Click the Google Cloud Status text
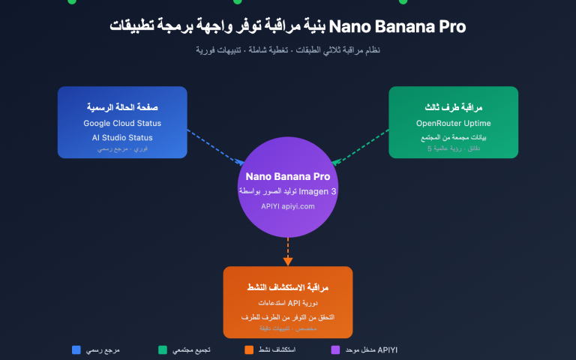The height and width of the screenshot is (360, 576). (x=122, y=123)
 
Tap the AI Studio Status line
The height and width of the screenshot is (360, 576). (x=122, y=137)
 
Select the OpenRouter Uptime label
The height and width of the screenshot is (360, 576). (x=452, y=123)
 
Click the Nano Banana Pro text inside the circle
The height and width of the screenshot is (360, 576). (x=287, y=177)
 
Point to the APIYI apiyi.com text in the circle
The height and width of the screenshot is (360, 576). (x=287, y=205)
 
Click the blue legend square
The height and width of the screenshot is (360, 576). (x=76, y=349)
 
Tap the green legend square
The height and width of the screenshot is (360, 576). (x=163, y=349)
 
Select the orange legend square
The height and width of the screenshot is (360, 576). (x=249, y=349)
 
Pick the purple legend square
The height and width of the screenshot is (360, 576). (x=335, y=349)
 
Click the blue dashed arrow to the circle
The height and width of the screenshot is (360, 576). (x=216, y=146)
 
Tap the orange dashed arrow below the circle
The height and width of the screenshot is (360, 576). (x=287, y=250)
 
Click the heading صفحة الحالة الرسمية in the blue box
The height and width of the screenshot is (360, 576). (x=122, y=107)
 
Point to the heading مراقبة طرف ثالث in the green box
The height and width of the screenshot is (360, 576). (x=452, y=107)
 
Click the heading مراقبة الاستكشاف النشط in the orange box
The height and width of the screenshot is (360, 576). (x=287, y=287)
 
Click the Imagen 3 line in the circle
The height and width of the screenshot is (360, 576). (x=287, y=192)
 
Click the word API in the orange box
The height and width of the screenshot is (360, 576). (x=294, y=303)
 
